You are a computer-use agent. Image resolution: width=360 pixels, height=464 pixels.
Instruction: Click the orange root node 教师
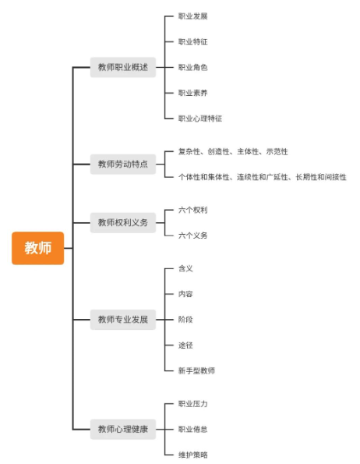pos(37,248)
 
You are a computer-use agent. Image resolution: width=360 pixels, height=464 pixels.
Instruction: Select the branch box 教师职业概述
pos(122,68)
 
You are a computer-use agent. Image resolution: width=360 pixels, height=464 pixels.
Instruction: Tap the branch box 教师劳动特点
pos(122,164)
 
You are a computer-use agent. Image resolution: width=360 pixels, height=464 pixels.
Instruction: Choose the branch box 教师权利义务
pos(122,222)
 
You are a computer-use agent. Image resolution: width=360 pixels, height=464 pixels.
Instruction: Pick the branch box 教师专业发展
pos(122,319)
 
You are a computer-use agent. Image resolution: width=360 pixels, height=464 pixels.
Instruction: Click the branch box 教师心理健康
pos(122,428)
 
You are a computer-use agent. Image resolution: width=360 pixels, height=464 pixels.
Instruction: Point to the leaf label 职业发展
pos(192,16)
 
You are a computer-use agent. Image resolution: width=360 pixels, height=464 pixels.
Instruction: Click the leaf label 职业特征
pos(192,42)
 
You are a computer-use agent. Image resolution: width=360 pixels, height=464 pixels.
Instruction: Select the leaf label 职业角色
pos(192,68)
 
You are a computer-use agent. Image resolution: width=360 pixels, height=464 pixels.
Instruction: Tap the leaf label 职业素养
pos(192,93)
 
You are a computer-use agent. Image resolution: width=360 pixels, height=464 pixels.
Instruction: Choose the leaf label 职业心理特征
pos(199,119)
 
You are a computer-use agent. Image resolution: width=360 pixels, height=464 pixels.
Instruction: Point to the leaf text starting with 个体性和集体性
pos(262,177)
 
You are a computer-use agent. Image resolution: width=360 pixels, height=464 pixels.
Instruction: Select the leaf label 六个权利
pos(192,210)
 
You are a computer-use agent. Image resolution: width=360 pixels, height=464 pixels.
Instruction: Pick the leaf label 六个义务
pos(192,236)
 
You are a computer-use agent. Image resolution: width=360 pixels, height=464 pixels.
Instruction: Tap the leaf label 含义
pos(185,268)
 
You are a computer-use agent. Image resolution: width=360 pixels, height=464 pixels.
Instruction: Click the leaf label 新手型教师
pos(196,370)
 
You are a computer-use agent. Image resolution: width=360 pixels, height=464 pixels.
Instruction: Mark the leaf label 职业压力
pos(192,403)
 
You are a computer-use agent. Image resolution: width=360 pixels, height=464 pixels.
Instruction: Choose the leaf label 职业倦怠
pos(192,428)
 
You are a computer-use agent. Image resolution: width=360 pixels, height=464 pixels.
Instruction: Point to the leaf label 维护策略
pos(192,454)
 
